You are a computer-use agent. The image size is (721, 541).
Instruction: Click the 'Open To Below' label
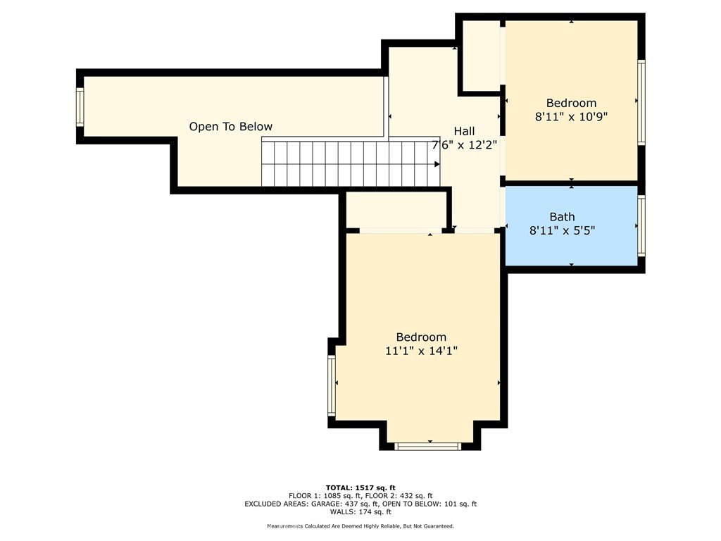coord(230,127)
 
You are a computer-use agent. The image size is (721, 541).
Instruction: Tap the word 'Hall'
coord(464,131)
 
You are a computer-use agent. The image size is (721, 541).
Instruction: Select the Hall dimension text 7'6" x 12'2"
coord(465,146)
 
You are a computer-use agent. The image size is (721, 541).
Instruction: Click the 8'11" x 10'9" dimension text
coord(571,118)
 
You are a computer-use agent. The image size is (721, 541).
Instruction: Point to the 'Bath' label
coord(562,217)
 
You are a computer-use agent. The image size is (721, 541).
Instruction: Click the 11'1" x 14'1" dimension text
coord(421,351)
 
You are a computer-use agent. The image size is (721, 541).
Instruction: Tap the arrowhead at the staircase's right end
coord(437,163)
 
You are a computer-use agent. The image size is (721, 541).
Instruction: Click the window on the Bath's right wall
coord(641,225)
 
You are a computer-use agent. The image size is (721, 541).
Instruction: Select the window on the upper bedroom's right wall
coord(641,102)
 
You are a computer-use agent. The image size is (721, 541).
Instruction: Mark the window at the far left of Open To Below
coord(80,107)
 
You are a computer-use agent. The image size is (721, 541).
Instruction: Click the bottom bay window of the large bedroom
coord(428,445)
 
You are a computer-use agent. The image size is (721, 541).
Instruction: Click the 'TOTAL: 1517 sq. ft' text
coord(360,487)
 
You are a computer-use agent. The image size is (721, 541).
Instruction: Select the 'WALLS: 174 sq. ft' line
coord(360,512)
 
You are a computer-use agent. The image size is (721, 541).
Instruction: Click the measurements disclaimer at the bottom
coord(360,526)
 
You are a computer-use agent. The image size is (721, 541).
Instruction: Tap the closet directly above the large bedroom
coord(396,210)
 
